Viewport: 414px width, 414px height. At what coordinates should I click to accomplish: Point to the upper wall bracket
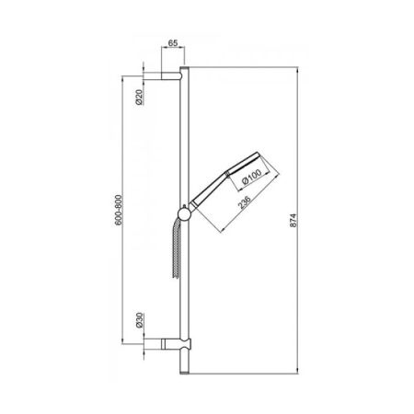(172, 78)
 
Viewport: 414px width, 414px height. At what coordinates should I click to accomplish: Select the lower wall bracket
(174, 346)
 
